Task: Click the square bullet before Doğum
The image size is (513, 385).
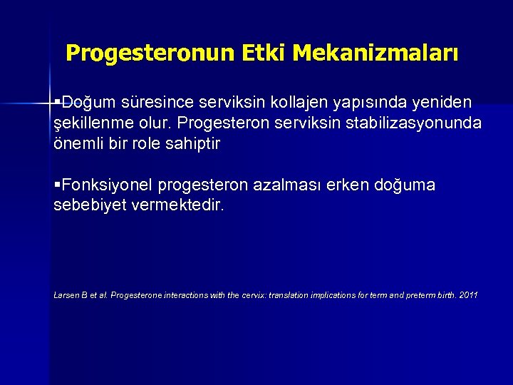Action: coord(58,103)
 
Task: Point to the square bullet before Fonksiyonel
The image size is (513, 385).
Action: coord(58,185)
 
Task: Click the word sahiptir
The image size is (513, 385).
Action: coord(195,143)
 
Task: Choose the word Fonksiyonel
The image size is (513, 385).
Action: coord(107,185)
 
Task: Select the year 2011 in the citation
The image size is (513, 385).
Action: coord(470,295)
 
